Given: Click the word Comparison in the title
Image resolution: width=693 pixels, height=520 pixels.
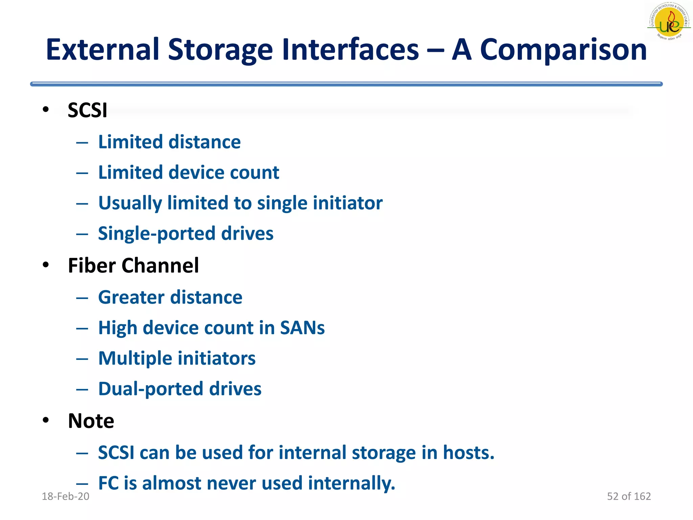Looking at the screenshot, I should [563, 50].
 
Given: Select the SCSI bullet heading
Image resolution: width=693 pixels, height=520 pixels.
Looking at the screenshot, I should [87, 110].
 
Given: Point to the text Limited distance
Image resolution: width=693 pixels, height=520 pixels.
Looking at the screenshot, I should [169, 142].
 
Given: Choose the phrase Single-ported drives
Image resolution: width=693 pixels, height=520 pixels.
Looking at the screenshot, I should [185, 234].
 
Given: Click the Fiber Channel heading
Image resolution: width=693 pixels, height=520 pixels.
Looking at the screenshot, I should [133, 265].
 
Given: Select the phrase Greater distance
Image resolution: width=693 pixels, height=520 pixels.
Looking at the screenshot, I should [170, 297].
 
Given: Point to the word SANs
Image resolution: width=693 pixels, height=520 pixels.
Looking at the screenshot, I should [302, 328].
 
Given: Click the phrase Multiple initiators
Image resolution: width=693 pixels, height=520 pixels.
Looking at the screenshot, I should [177, 358].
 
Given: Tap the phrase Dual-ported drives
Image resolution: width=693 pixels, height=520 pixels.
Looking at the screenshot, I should [180, 389].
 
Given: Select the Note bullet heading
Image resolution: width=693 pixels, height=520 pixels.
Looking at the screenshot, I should [91, 421].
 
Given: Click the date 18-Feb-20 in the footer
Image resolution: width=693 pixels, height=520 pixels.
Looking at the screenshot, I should [65, 496].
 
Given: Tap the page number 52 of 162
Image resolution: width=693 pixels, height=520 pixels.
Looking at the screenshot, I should [629, 496].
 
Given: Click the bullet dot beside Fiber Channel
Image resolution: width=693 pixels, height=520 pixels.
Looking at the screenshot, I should [46, 264].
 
